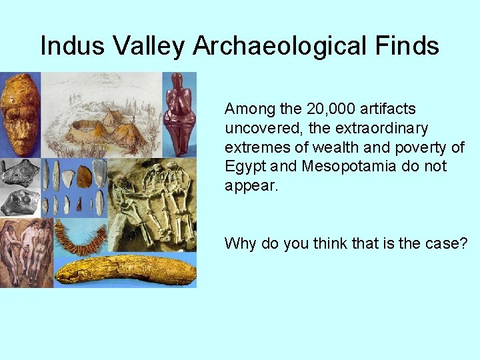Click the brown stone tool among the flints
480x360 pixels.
click(x=84, y=176)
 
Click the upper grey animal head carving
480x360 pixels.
click(x=20, y=172)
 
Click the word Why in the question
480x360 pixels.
click(x=239, y=243)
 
